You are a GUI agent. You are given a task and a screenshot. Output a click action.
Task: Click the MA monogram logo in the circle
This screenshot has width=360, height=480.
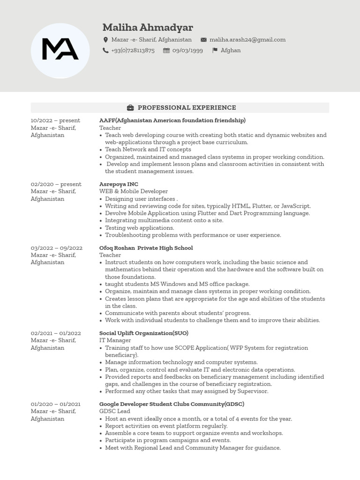point(60,50)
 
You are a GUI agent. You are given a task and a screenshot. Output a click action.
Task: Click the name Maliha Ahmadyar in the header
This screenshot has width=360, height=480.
point(148,27)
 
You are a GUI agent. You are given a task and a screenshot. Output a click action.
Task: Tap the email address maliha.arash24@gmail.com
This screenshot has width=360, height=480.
point(247,40)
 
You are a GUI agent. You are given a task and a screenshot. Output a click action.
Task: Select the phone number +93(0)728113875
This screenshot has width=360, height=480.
point(133,51)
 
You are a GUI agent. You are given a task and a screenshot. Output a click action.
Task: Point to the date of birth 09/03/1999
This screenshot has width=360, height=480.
point(187,51)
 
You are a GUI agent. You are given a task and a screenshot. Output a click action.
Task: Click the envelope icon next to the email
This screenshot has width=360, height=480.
point(203,40)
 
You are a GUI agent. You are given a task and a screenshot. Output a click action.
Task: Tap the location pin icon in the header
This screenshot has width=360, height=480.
point(105,40)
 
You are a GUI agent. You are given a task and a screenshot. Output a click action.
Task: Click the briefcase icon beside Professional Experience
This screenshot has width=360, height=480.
point(130,108)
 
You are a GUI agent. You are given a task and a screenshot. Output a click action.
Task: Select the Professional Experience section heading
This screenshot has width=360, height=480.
point(187,108)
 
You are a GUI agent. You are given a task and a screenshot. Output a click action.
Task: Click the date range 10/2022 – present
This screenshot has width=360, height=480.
point(55,120)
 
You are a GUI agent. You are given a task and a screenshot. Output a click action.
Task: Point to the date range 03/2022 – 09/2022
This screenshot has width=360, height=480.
point(56,248)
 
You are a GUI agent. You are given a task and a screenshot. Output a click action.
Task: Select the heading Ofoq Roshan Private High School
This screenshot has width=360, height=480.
point(146,248)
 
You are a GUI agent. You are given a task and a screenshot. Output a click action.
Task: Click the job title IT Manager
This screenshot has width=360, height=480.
point(115,340)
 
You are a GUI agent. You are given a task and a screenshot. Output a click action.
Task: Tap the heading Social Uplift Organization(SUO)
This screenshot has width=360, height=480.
point(143,333)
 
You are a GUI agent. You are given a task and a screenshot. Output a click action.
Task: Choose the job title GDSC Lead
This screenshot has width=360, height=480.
point(114,411)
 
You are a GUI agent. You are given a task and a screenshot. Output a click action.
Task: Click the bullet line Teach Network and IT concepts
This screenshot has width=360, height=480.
point(148,150)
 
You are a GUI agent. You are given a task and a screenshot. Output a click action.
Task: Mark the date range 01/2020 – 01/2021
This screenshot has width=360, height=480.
point(55,404)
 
